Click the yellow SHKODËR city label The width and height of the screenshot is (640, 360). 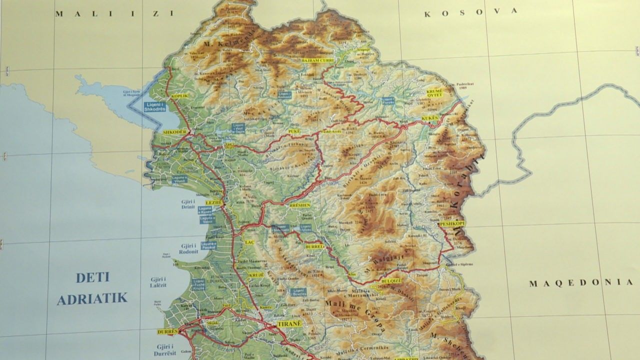point(175,131)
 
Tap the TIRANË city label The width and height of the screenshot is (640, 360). point(289,323)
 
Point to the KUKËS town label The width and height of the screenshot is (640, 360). point(430,118)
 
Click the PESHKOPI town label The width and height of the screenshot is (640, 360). point(452,224)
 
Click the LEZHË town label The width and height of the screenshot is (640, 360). point(213,202)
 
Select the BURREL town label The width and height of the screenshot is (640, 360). point(314,246)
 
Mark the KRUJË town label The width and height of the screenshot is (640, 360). point(256,275)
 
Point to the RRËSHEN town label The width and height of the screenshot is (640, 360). point(300,205)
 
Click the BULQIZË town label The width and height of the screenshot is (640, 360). point(390,281)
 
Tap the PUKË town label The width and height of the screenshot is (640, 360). point(294,131)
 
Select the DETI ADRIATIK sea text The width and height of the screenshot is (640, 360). point(92,288)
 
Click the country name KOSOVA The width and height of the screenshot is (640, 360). point(469,12)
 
